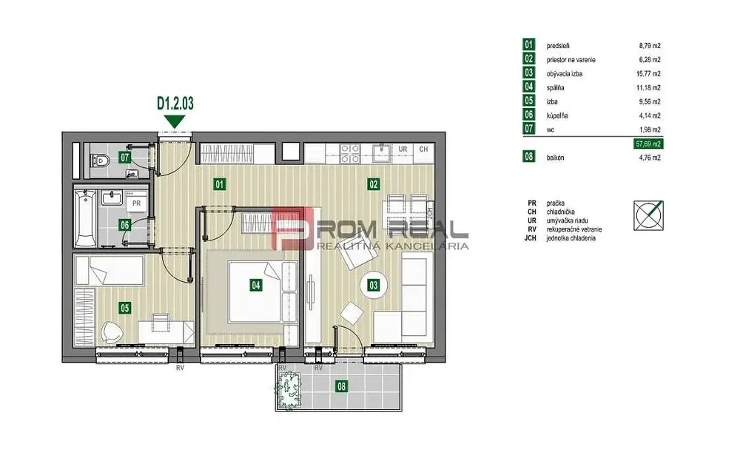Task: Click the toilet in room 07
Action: (101, 161)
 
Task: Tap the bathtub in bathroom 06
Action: (85, 218)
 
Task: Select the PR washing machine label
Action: (136, 203)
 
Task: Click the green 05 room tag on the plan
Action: (124, 308)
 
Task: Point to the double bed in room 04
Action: (263, 292)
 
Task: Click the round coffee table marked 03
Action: (373, 286)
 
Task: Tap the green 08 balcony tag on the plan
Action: (340, 387)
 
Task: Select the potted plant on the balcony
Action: (289, 390)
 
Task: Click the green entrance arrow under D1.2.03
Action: (175, 122)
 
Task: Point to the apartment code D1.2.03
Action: (175, 104)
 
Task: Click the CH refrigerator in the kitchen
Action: (423, 153)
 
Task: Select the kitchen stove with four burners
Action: (350, 154)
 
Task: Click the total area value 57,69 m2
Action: (650, 144)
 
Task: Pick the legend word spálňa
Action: (556, 88)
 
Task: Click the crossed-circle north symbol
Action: (648, 215)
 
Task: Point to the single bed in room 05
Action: (110, 270)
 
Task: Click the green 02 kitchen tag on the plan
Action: (373, 184)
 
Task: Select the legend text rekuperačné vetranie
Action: (574, 229)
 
